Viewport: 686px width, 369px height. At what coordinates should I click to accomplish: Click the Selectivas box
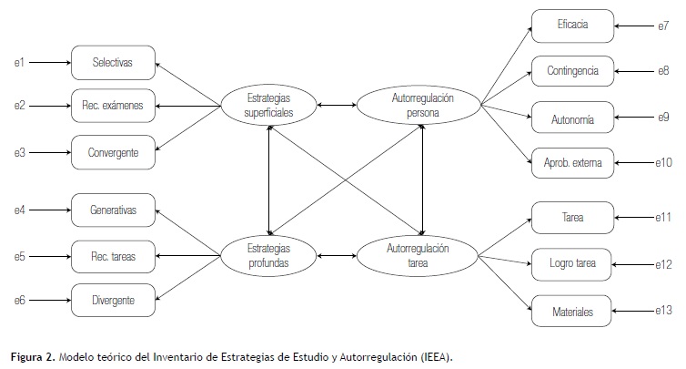pyautogui.click(x=114, y=64)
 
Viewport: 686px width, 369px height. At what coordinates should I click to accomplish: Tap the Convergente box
pyautogui.click(x=114, y=152)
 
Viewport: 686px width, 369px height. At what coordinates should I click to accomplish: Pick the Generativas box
pyautogui.click(x=114, y=210)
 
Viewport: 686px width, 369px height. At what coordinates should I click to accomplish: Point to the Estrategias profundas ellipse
pyautogui.click(x=268, y=254)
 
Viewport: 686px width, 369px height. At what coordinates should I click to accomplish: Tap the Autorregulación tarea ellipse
pyautogui.click(x=419, y=254)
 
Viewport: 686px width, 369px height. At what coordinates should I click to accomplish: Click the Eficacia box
pyautogui.click(x=572, y=26)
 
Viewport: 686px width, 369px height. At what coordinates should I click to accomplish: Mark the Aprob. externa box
pyautogui.click(x=572, y=163)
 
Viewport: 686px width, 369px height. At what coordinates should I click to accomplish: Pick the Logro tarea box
pyautogui.click(x=572, y=264)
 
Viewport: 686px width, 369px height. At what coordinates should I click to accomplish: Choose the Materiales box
pyautogui.click(x=572, y=312)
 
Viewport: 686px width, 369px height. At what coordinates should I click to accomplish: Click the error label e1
pyautogui.click(x=18, y=64)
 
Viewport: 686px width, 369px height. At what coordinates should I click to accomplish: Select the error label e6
pyautogui.click(x=18, y=298)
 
